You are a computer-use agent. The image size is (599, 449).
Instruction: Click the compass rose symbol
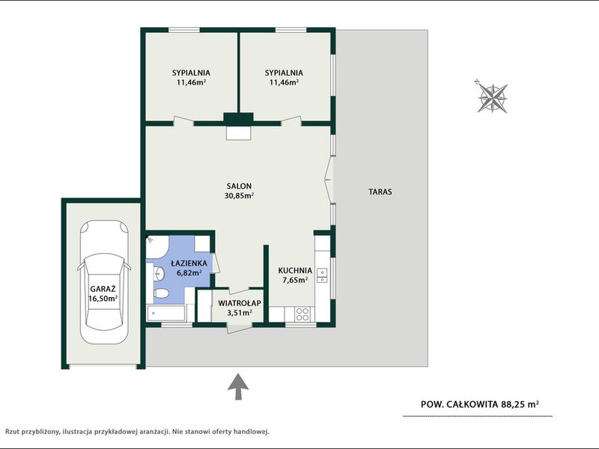coord(493,97)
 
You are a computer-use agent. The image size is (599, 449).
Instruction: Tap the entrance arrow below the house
coord(238,386)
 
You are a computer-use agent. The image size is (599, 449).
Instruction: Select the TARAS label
coord(380,192)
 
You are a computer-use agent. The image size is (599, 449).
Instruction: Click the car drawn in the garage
coord(103,282)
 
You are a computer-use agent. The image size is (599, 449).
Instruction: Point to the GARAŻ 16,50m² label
coord(103,294)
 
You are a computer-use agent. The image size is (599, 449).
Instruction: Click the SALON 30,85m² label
coord(239,191)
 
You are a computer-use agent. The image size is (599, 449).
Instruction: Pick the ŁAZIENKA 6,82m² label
coord(189,268)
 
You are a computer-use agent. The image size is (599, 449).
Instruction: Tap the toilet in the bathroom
coord(161,293)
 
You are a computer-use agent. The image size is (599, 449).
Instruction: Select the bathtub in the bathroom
coord(165,313)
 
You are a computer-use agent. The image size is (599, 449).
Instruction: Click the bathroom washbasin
coord(159,273)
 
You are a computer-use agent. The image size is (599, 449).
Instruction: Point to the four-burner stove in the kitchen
coord(302,314)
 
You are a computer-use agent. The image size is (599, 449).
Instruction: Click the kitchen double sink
coord(322,275)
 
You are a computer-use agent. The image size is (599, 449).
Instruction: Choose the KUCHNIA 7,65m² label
coord(295,275)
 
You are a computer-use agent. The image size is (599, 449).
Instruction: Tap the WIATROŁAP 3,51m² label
coord(240,308)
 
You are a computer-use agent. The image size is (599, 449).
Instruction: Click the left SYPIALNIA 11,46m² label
coord(191,77)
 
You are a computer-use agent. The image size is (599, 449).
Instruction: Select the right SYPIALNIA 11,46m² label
coord(284,77)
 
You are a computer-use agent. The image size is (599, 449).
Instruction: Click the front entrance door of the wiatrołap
coord(240,329)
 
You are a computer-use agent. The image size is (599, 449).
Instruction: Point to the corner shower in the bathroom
coord(157,246)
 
